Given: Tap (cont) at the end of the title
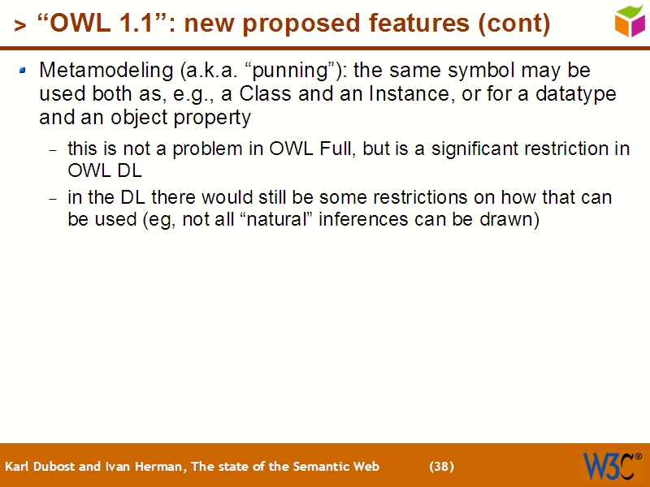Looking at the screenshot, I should [x=513, y=24].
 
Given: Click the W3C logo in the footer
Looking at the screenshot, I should [x=610, y=466].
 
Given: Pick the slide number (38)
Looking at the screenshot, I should [x=441, y=466].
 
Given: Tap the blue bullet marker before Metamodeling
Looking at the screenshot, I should [x=23, y=71].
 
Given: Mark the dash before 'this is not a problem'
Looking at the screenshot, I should [x=54, y=151].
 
